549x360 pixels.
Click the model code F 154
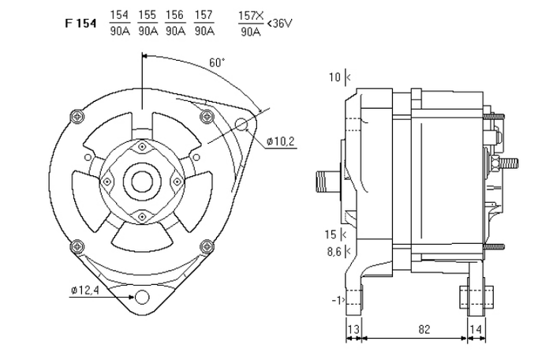80,23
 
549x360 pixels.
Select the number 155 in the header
147,15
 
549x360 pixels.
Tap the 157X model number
252,15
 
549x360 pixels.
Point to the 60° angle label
217,62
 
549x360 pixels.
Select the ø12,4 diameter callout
84,291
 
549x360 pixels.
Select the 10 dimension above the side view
334,77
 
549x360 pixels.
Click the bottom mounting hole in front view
143,297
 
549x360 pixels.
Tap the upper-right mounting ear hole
242,125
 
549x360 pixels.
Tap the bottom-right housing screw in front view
207,243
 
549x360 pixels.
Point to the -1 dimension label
337,301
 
